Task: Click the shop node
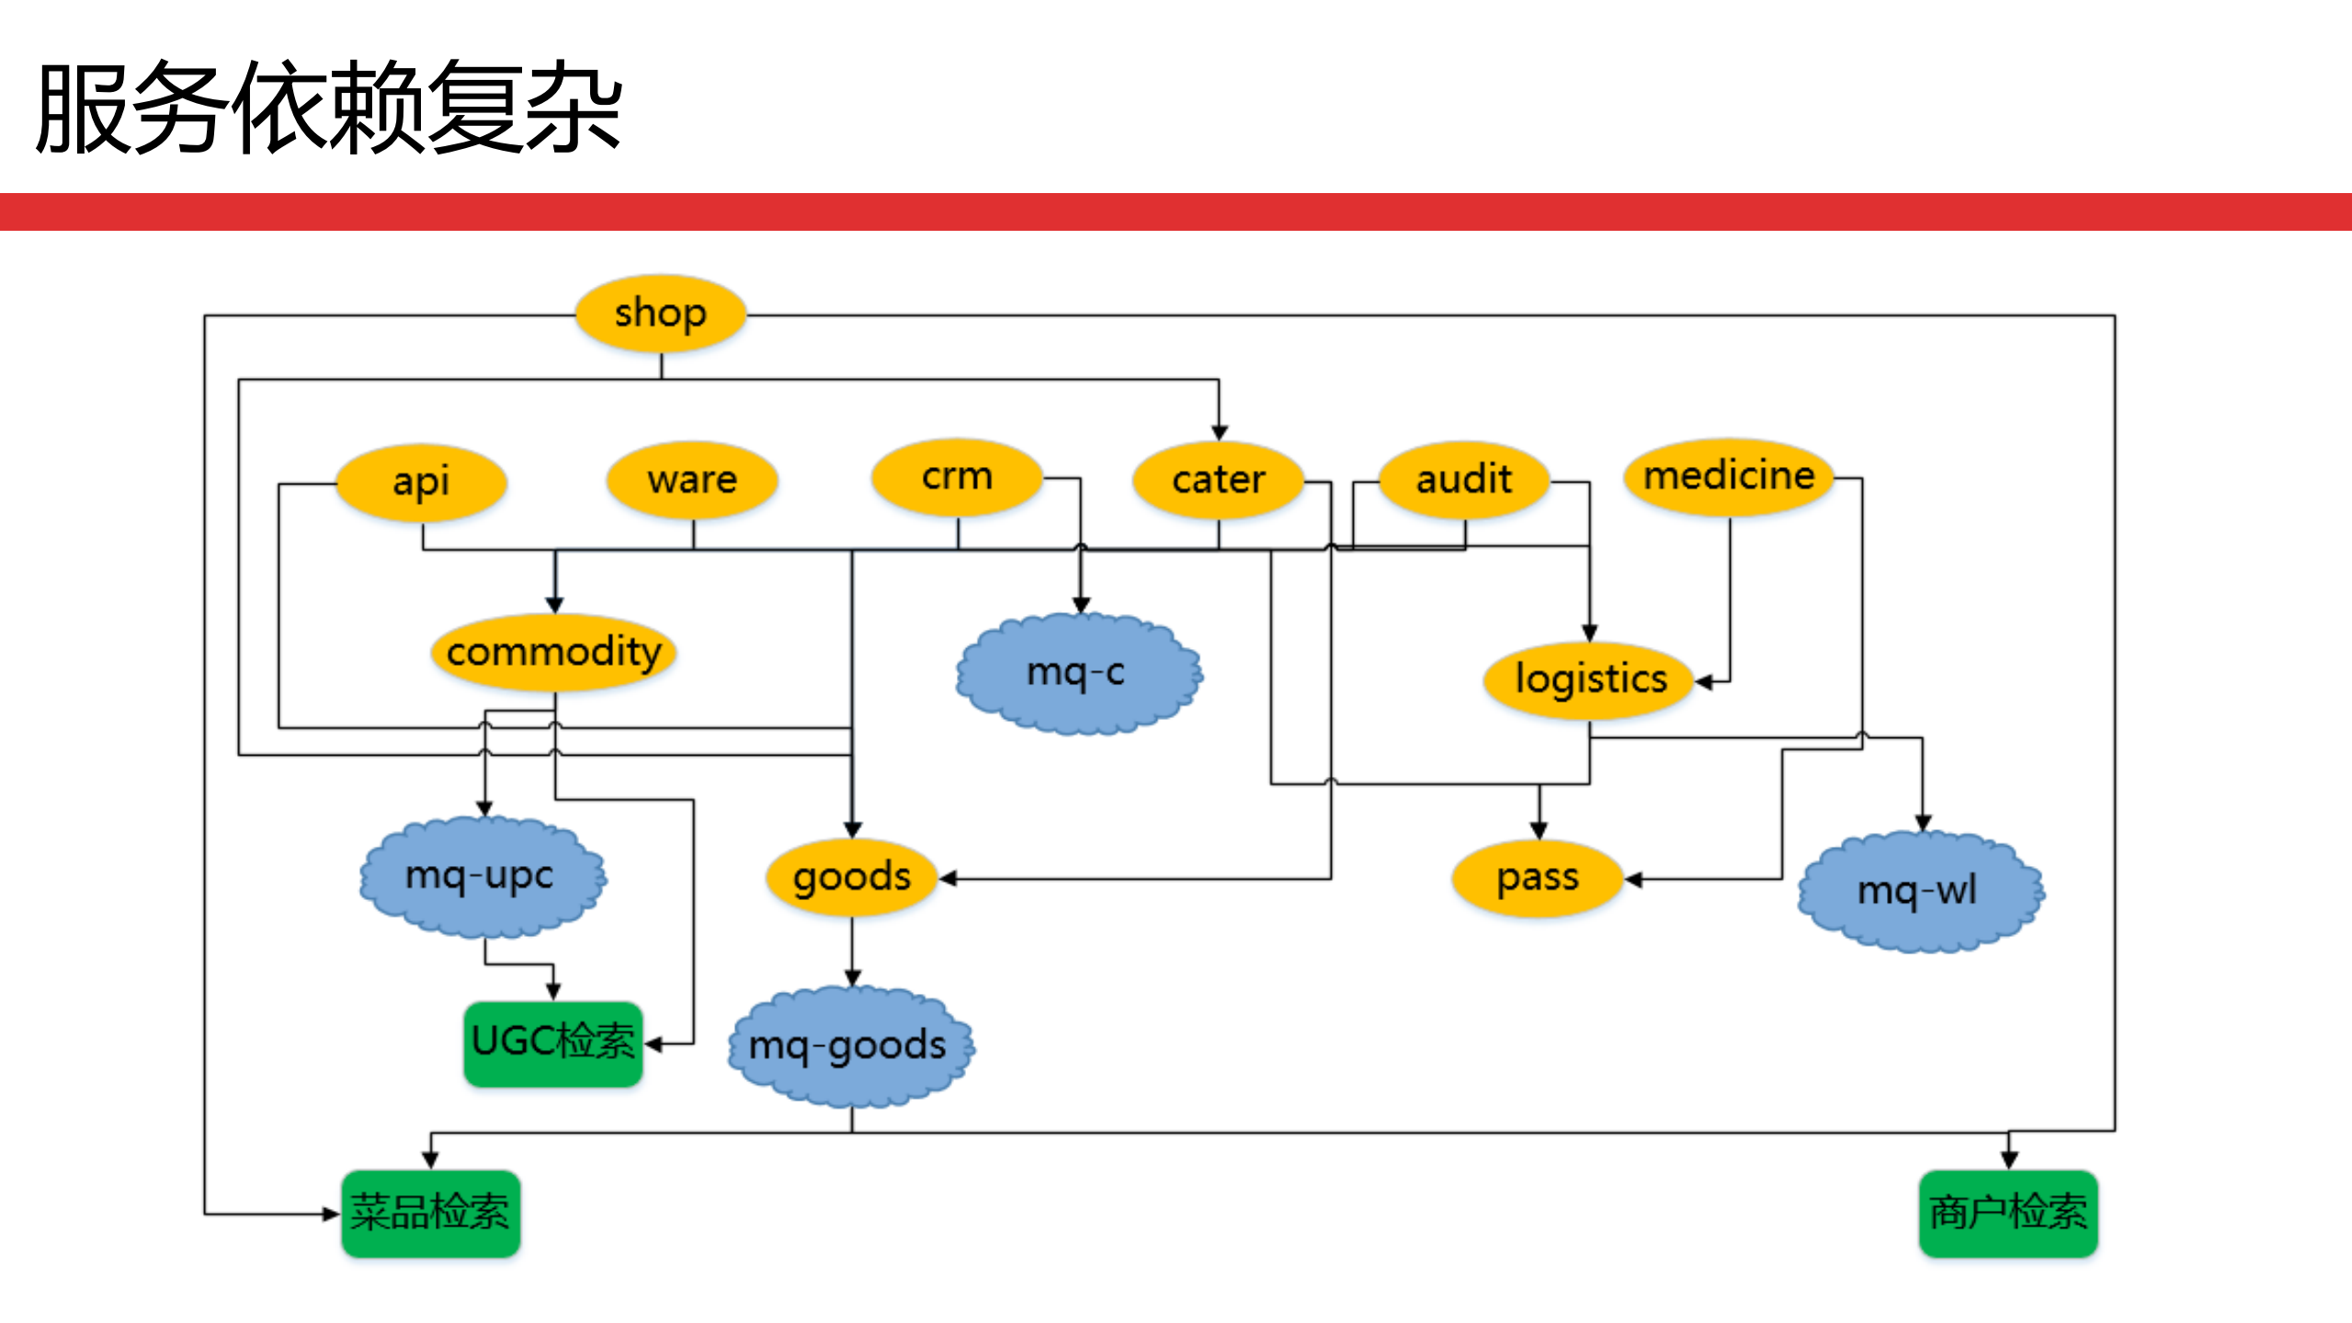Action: (660, 314)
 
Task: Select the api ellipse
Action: (421, 482)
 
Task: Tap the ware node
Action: (692, 480)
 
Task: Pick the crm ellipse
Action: (957, 476)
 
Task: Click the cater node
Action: (1218, 480)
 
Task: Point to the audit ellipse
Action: (1463, 479)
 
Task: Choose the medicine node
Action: (1728, 476)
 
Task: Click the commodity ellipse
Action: (553, 652)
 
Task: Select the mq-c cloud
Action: (1077, 673)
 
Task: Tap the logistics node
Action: (1589, 679)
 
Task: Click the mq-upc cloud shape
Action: (481, 875)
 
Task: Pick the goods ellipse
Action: (851, 877)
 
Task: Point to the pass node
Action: (1537, 878)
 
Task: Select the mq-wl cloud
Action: (1918, 890)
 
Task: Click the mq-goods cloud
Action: (849, 1045)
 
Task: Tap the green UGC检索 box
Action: (552, 1044)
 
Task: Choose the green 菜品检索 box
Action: (430, 1213)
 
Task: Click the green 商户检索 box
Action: (2007, 1213)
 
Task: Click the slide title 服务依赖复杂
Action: (329, 108)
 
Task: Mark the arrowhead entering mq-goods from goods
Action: (852, 978)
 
